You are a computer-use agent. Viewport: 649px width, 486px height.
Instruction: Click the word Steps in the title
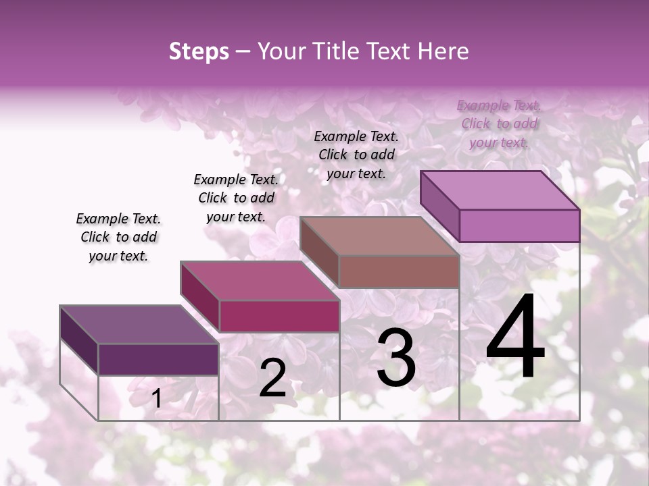(199, 51)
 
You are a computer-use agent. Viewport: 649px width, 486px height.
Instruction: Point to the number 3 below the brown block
(396, 358)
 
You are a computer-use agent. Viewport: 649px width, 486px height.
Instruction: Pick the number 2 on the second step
(273, 378)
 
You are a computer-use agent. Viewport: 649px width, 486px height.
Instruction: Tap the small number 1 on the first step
(156, 399)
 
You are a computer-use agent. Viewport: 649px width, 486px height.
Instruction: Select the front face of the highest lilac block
(519, 225)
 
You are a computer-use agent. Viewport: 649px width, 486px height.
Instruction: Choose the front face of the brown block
(399, 271)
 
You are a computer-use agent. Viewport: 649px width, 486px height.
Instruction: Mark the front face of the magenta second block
(279, 316)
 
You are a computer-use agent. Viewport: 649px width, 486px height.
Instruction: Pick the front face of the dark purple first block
(158, 359)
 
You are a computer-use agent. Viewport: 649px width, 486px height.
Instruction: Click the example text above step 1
(118, 237)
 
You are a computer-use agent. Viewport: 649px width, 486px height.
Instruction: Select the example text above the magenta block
(236, 198)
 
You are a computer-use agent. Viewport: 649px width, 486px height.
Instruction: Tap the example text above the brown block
(356, 155)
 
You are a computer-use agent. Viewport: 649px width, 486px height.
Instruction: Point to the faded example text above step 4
(499, 124)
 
